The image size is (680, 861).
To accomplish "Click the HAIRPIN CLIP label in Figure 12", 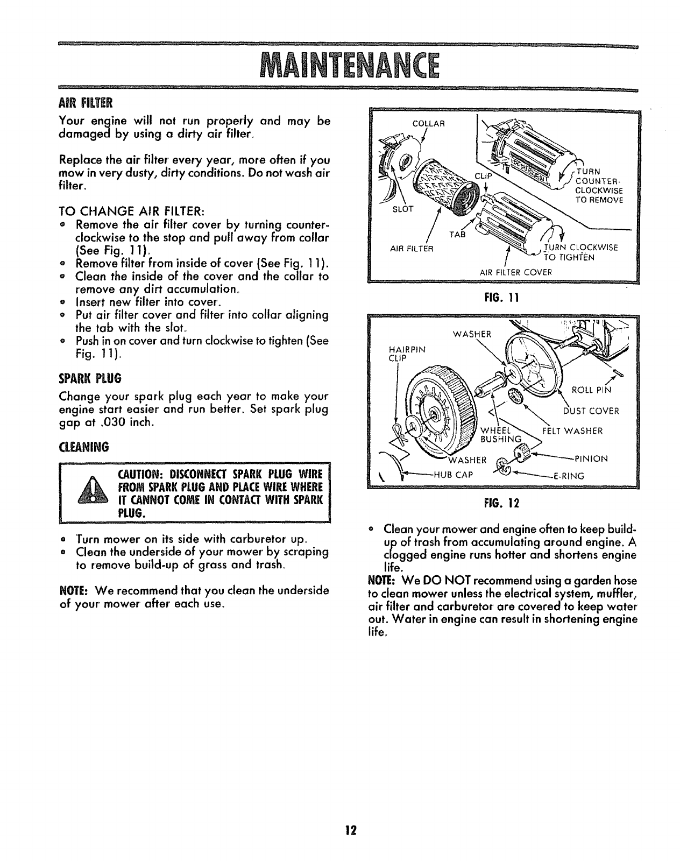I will point(406,354).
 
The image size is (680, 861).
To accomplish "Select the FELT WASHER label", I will point(571,430).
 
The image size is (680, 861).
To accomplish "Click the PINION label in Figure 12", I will point(591,459).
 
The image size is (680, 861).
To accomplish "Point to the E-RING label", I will point(569,476).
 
